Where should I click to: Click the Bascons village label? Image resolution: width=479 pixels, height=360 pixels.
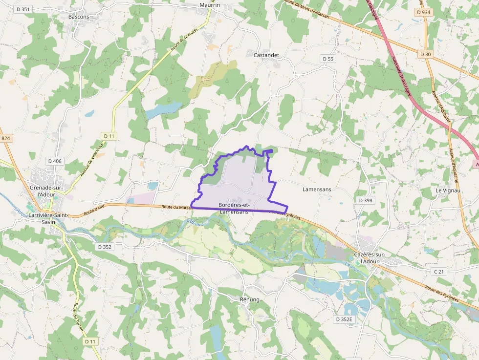point(79,17)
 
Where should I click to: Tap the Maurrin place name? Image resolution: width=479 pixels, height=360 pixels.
point(210,5)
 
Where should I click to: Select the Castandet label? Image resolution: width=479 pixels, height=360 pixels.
point(266,55)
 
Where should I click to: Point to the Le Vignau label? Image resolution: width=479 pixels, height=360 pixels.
point(448,191)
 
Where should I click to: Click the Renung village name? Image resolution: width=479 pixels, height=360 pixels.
point(250,299)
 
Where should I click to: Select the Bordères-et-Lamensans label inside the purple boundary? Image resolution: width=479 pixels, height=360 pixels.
point(234,208)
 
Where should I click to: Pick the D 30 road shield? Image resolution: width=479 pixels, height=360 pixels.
point(425,54)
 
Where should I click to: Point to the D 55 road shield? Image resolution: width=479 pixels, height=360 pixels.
point(328,59)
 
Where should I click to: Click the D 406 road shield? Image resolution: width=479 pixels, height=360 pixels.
point(55,161)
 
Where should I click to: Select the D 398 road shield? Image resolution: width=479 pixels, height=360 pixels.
point(365,200)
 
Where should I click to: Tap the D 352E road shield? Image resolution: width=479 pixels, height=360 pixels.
point(344,319)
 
